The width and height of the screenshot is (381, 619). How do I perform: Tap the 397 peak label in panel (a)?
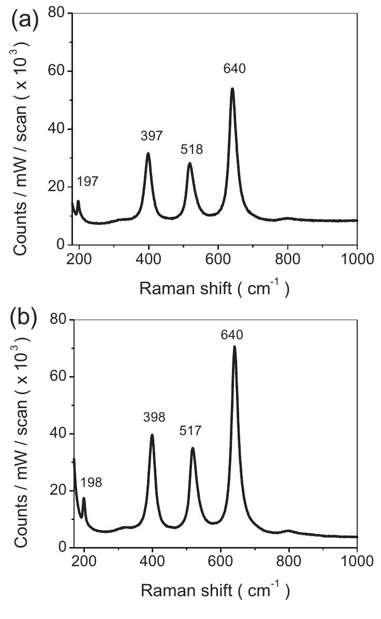(151, 136)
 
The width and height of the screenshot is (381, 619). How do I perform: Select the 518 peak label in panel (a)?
(192, 150)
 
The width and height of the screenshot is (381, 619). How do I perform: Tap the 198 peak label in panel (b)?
(91, 482)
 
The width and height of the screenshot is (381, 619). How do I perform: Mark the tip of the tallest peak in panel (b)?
(235, 347)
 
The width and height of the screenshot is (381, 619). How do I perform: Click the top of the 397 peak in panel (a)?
(148, 153)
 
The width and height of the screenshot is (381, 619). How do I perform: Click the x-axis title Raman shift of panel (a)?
(214, 288)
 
